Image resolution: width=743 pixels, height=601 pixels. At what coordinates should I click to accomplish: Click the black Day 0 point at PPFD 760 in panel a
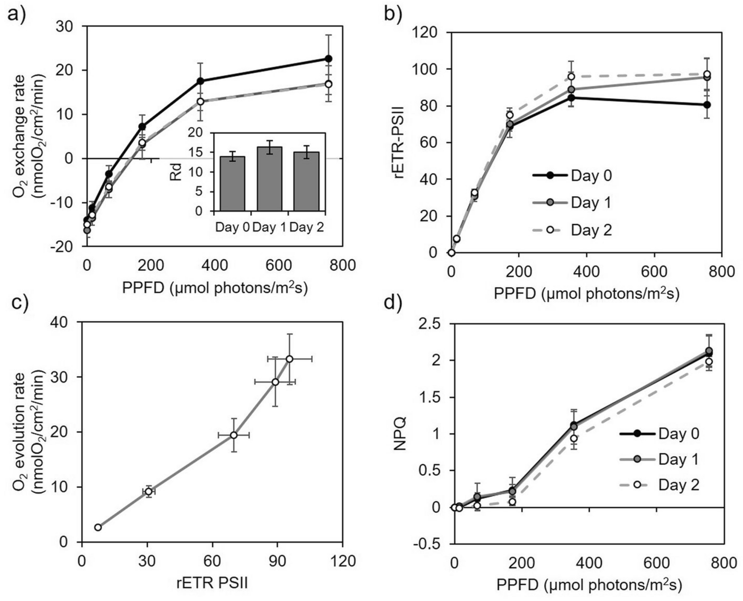point(328,59)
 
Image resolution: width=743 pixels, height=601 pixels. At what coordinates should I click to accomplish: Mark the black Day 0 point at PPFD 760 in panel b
point(707,105)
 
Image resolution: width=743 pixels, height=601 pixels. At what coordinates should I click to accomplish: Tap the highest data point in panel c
point(289,359)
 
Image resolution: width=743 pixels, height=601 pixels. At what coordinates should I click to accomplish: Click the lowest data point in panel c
point(98,527)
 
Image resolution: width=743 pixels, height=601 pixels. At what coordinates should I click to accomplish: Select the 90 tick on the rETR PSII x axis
point(277,561)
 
